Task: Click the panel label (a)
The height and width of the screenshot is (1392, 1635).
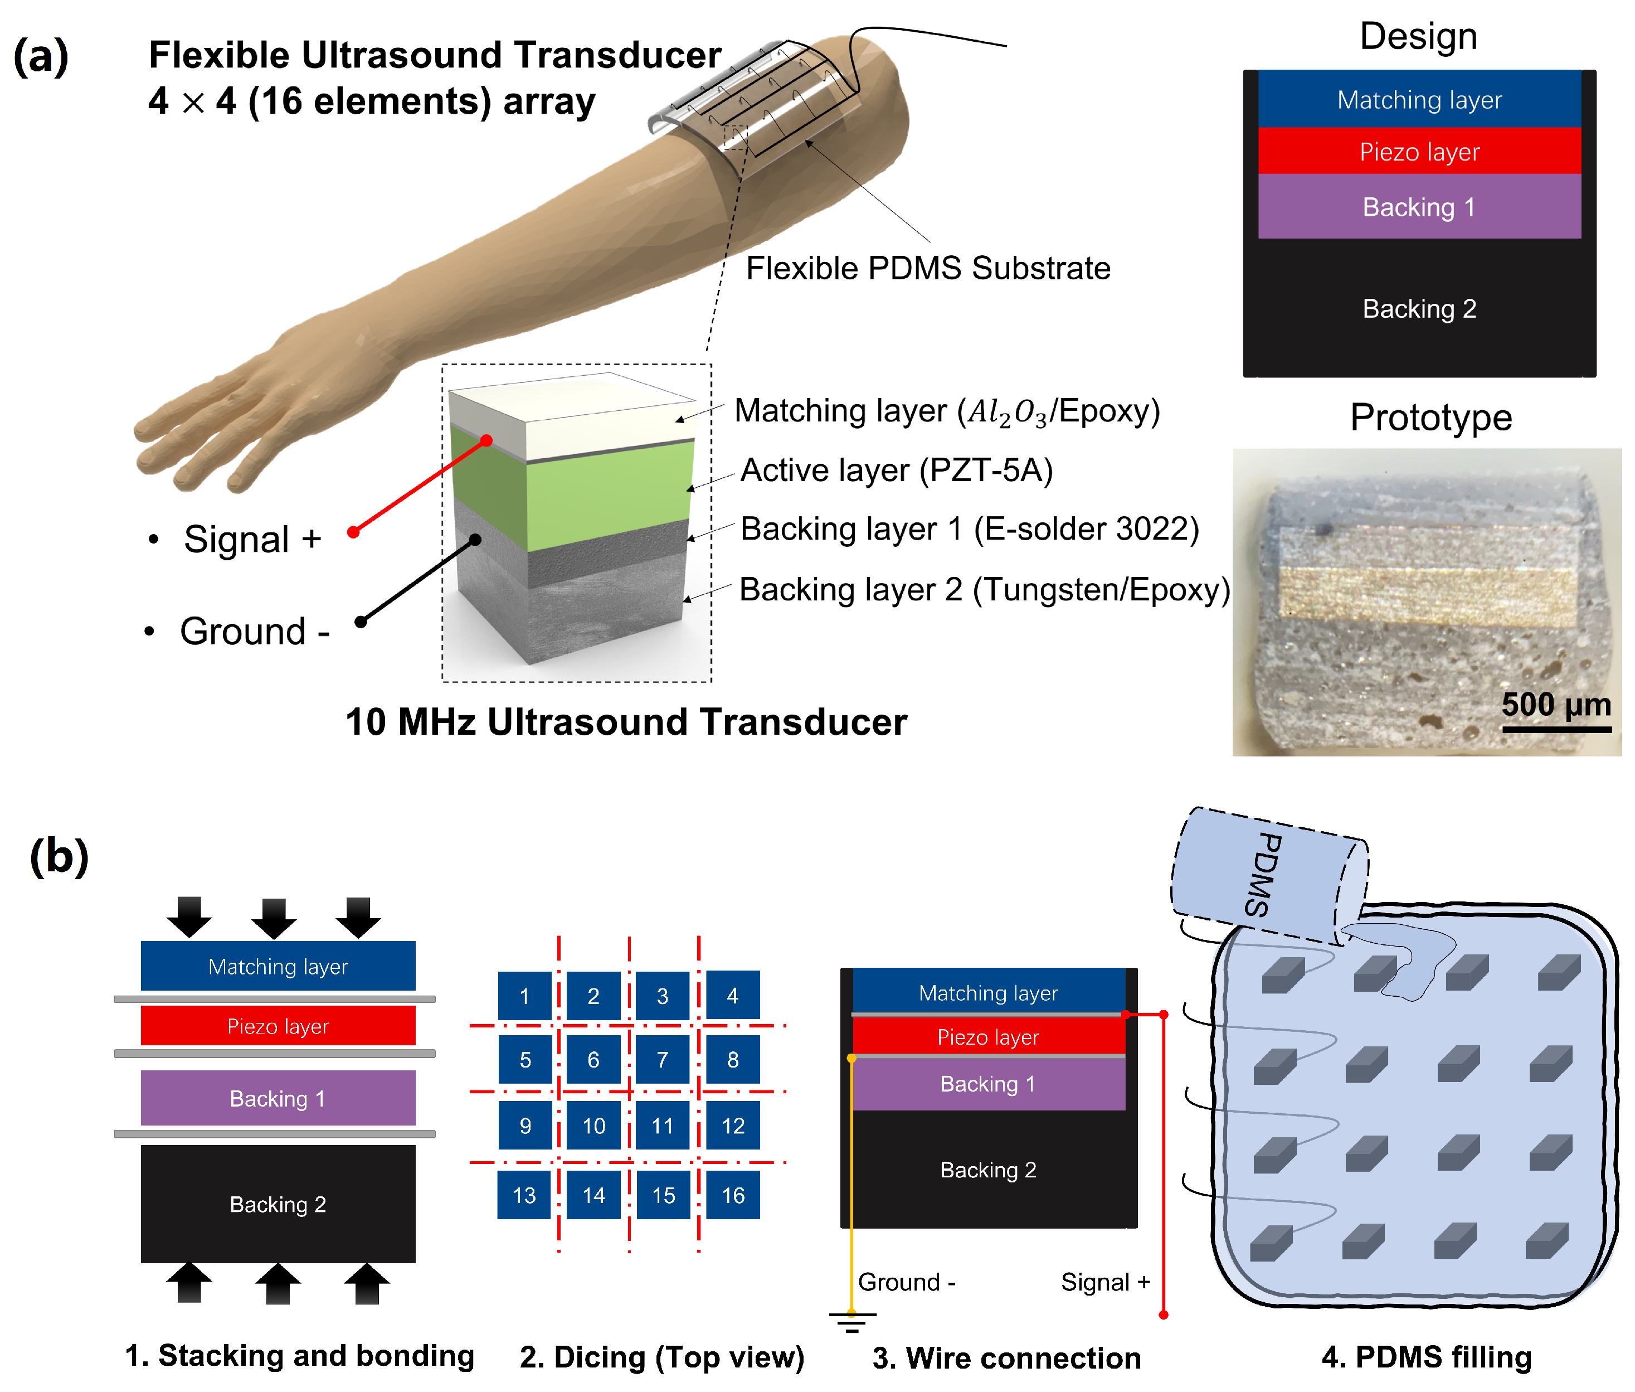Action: (x=41, y=56)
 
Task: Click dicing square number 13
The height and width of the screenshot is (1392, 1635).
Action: (x=524, y=1195)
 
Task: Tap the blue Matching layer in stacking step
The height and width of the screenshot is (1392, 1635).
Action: (x=278, y=966)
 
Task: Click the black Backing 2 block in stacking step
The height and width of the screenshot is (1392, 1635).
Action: (x=278, y=1204)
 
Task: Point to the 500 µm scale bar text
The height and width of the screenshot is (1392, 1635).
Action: (x=1555, y=704)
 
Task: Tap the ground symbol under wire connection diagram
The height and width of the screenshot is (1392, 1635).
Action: (x=851, y=1320)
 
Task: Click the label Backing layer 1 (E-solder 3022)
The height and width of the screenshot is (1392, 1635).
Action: (x=969, y=528)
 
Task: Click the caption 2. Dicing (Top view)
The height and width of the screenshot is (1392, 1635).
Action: (x=661, y=1357)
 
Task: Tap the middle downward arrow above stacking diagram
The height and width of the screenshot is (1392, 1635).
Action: (x=274, y=918)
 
